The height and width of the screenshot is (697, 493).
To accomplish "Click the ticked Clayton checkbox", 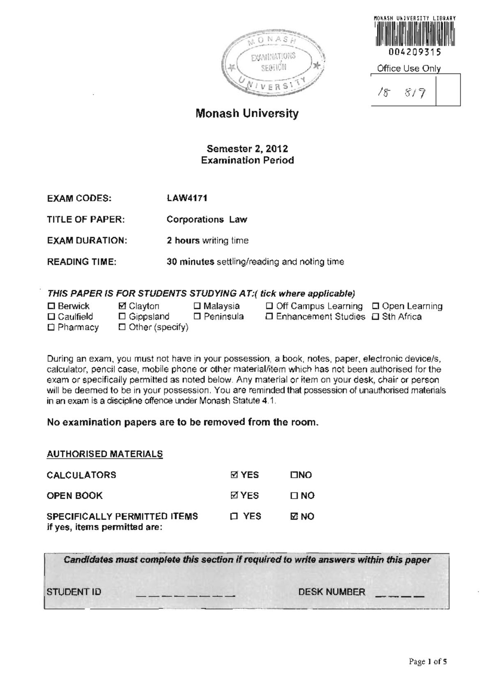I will pyautogui.click(x=122, y=306).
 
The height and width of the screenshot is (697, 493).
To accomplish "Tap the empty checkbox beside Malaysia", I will pyautogui.click(x=197, y=306).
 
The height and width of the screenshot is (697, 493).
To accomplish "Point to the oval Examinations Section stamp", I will pyautogui.click(x=273, y=62).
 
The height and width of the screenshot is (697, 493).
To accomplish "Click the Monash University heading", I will pyautogui.click(x=247, y=113).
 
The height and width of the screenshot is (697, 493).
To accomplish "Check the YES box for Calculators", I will pyautogui.click(x=234, y=475).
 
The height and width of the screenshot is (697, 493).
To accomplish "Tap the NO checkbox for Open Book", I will pyautogui.click(x=294, y=496).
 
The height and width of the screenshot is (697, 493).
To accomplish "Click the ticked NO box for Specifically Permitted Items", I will pyautogui.click(x=294, y=516).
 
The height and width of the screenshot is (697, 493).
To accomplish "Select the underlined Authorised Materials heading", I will pyautogui.click(x=105, y=454).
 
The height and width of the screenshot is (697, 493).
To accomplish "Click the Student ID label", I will pyautogui.click(x=74, y=592).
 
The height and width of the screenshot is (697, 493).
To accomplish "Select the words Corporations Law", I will pyautogui.click(x=207, y=219).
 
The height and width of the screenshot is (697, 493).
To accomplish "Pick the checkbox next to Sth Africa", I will pyautogui.click(x=376, y=317).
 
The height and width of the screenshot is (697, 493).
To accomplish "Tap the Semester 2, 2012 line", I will pyautogui.click(x=247, y=149).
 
